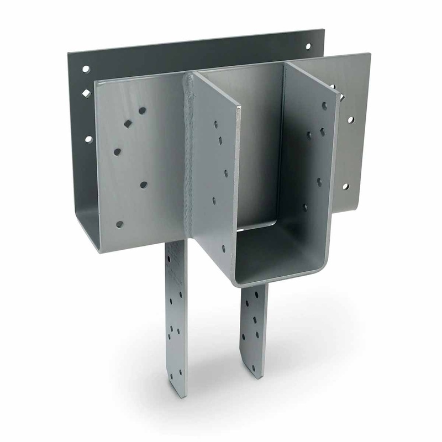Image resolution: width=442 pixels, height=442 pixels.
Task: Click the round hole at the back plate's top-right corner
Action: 308,46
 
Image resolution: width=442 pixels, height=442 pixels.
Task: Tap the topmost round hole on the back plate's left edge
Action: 86,69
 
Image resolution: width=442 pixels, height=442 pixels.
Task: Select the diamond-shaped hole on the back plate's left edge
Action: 86,94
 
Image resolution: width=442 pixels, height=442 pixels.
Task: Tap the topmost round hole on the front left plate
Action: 142,110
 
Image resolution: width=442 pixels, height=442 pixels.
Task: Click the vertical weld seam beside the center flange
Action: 190,166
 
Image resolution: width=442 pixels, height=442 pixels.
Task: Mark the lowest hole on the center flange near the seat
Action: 223,249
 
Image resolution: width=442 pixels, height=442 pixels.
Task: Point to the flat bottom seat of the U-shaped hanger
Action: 276,260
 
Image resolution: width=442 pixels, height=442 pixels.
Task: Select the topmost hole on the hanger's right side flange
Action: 324,106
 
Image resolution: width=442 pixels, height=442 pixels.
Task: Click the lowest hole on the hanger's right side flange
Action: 305,208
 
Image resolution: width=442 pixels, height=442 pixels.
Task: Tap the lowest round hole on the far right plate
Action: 345,186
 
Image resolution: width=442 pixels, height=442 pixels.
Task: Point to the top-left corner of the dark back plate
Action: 69,53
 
